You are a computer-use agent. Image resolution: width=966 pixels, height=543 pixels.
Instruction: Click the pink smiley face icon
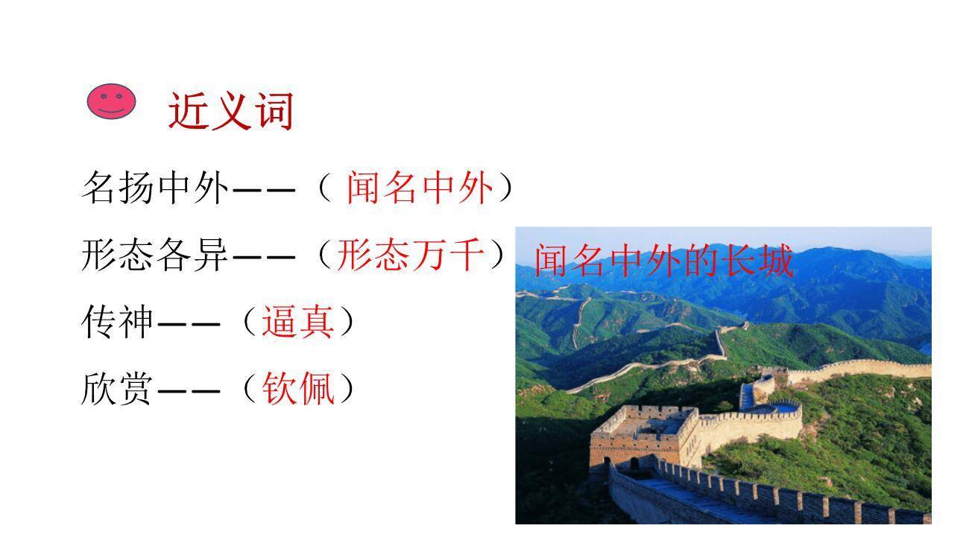click(x=112, y=101)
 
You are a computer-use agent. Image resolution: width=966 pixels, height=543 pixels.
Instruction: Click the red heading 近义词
click(x=231, y=112)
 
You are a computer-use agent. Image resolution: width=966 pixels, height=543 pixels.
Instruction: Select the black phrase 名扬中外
click(x=155, y=187)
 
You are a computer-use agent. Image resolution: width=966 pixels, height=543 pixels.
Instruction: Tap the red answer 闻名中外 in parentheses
click(x=419, y=187)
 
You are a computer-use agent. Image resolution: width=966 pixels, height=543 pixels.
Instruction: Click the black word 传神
click(x=118, y=323)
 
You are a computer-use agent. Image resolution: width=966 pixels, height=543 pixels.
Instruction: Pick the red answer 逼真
click(x=297, y=323)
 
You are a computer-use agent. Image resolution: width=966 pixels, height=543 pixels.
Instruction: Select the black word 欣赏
click(x=118, y=388)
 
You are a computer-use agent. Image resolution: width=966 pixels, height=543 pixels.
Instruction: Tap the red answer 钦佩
click(x=297, y=388)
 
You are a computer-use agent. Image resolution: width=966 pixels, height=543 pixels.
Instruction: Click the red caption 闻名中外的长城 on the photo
click(x=663, y=261)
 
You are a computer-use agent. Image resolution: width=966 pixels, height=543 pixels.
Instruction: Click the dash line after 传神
click(x=189, y=324)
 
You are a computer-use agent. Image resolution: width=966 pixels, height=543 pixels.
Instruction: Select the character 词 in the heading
click(x=274, y=112)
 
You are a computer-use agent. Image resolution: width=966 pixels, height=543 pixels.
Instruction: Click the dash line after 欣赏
click(x=189, y=390)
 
